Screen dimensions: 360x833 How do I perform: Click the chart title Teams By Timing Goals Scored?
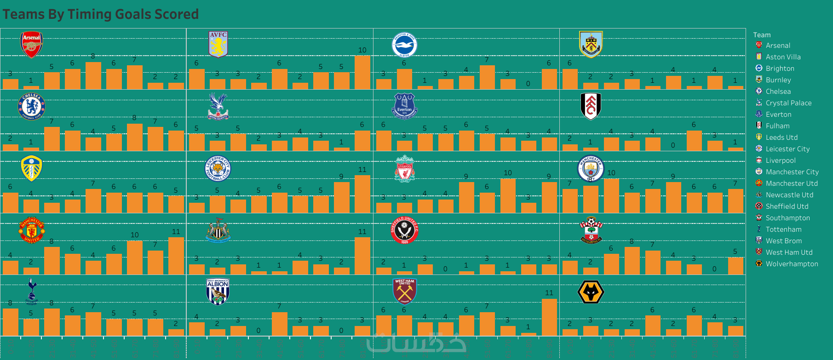pyautogui.click(x=101, y=14)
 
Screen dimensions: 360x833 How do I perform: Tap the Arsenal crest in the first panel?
pyautogui.click(x=31, y=45)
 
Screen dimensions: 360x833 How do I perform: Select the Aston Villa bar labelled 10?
pyautogui.click(x=362, y=72)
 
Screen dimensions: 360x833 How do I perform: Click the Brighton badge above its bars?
pyautogui.click(x=404, y=45)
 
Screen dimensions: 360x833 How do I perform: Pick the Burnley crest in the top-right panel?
pyautogui.click(x=591, y=45)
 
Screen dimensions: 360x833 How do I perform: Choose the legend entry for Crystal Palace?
pyautogui.click(x=788, y=103)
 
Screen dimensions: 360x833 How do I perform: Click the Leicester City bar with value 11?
pyautogui.click(x=362, y=194)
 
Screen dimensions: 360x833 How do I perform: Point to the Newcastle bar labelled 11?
pyautogui.click(x=362, y=256)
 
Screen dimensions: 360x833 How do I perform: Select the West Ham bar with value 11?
pyautogui.click(x=549, y=317)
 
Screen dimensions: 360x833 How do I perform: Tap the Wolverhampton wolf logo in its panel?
pyautogui.click(x=591, y=291)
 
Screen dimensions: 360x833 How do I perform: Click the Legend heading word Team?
pyautogui.click(x=762, y=35)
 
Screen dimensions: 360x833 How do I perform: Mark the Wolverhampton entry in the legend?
pyautogui.click(x=792, y=264)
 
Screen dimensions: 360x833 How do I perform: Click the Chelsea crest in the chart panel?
pyautogui.click(x=31, y=106)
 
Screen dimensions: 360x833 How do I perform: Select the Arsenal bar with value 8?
pyautogui.click(x=93, y=75)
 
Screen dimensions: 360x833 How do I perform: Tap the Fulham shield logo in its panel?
pyautogui.click(x=591, y=106)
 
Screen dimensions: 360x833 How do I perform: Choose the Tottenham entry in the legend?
pyautogui.click(x=783, y=229)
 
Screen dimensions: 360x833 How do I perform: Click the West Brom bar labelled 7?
pyautogui.click(x=279, y=324)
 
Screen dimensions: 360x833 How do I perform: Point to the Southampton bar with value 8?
pyautogui.click(x=632, y=261)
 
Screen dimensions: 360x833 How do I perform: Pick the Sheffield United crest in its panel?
pyautogui.click(x=404, y=230)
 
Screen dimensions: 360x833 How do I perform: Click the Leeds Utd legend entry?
pyautogui.click(x=781, y=137)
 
